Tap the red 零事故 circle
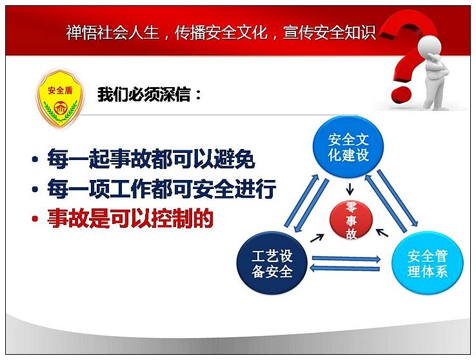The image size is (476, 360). click(x=351, y=220)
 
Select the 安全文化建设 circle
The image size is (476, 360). click(x=348, y=148)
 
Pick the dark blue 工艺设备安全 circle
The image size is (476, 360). click(x=272, y=263)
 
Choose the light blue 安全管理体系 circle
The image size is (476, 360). click(x=428, y=263)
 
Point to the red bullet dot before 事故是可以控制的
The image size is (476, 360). click(x=35, y=219)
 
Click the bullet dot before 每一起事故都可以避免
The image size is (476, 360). click(x=35, y=159)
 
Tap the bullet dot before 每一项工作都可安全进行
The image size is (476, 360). click(x=35, y=189)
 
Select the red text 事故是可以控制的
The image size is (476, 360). click(x=130, y=218)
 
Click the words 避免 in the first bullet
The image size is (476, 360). click(x=234, y=159)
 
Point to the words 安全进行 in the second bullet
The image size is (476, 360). click(x=234, y=188)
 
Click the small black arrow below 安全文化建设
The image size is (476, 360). click(x=350, y=189)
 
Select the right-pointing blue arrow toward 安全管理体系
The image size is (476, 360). click(x=346, y=259)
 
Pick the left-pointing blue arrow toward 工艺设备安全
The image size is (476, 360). click(x=344, y=268)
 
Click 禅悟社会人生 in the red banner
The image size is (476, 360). click(x=113, y=32)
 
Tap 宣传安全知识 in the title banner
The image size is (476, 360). click(x=330, y=32)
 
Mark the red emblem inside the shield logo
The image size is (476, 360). click(x=60, y=108)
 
